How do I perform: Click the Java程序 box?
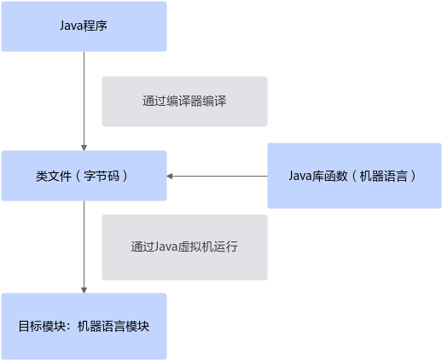point(84,26)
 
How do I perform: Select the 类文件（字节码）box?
point(84,176)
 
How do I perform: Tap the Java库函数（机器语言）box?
point(354,176)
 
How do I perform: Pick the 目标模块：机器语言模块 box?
point(84,326)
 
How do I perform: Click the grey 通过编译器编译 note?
point(184,102)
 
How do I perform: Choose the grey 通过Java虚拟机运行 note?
point(184,247)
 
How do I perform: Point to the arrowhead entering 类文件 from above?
point(84,148)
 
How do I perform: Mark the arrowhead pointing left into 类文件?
point(170,176)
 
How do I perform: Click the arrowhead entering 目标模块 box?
point(84,290)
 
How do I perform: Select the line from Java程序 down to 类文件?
point(84,101)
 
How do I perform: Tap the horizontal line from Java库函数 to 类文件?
point(217,176)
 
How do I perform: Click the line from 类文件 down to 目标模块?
point(84,247)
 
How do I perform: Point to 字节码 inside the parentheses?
point(102,176)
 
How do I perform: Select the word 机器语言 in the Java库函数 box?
point(383,176)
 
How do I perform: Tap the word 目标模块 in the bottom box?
point(42,326)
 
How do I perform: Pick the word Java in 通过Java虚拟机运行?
point(166,247)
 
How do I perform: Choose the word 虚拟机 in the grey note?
point(195,247)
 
